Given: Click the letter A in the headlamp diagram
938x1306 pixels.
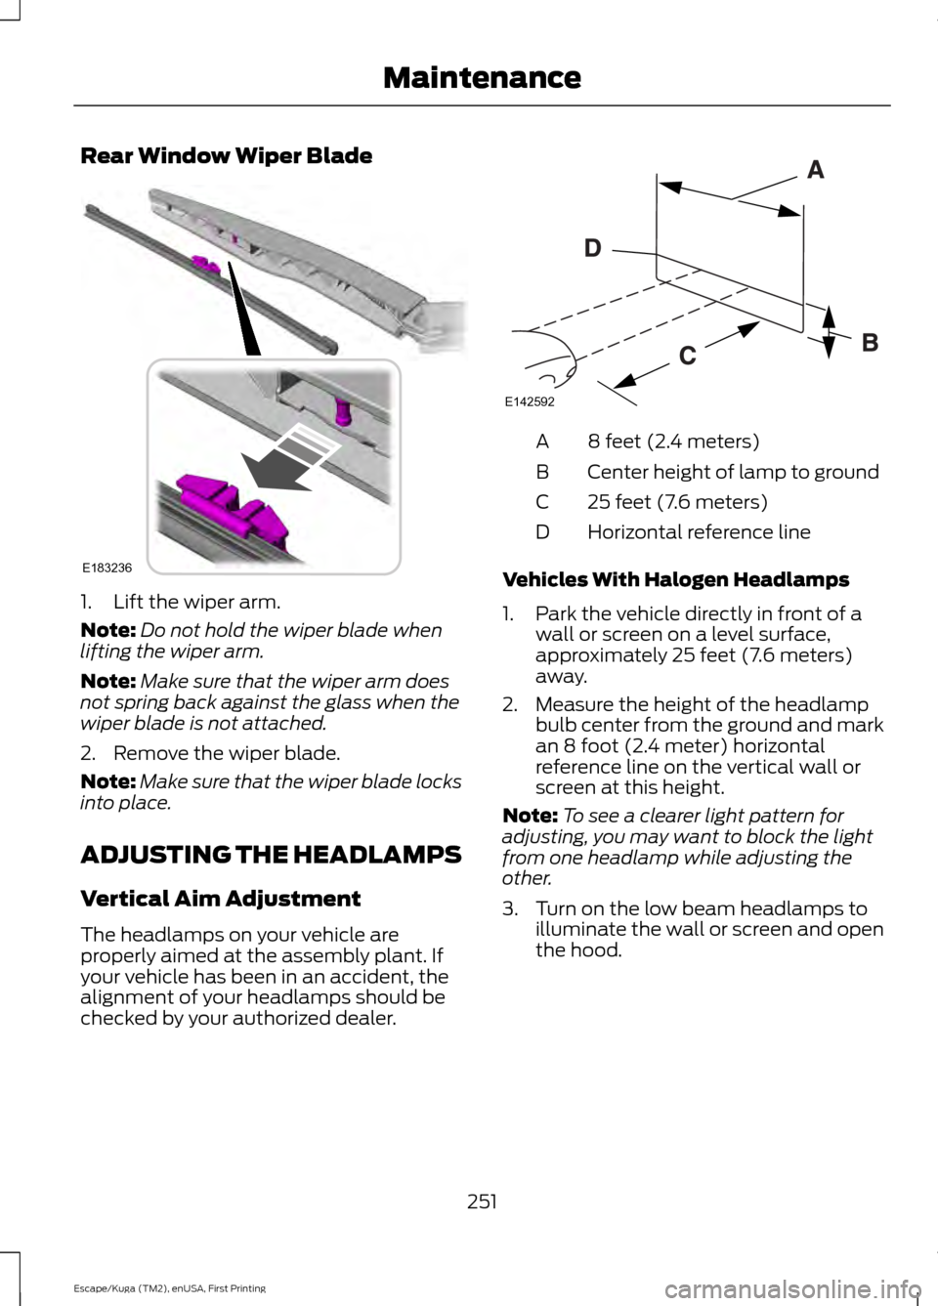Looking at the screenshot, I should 816,172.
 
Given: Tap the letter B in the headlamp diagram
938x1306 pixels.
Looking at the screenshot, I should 869,343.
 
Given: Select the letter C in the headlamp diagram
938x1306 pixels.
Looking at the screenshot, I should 687,358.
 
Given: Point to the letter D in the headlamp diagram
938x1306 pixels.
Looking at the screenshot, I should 592,249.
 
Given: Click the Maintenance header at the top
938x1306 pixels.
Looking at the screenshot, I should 482,75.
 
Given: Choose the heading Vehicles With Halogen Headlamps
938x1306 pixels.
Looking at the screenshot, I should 675,579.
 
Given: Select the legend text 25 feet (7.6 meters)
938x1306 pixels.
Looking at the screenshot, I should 677,502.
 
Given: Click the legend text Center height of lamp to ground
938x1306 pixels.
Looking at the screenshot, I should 732,472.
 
